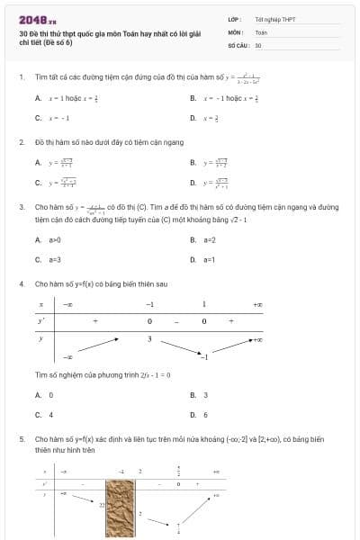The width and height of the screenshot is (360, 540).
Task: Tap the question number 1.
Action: tap(21, 76)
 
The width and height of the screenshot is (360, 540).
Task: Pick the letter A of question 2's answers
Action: tap(38, 163)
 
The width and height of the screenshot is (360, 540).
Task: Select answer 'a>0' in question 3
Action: tap(54, 239)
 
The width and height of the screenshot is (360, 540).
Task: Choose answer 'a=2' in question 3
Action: tap(210, 239)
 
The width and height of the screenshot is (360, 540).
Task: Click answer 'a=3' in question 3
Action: tap(54, 259)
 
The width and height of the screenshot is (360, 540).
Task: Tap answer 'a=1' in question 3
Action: tap(210, 259)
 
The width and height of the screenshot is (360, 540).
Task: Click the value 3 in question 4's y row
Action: tap(150, 338)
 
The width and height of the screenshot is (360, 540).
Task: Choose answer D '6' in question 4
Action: tap(205, 415)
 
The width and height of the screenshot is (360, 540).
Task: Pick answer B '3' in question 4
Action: tap(205, 394)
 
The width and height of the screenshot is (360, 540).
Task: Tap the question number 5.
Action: tap(21, 438)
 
